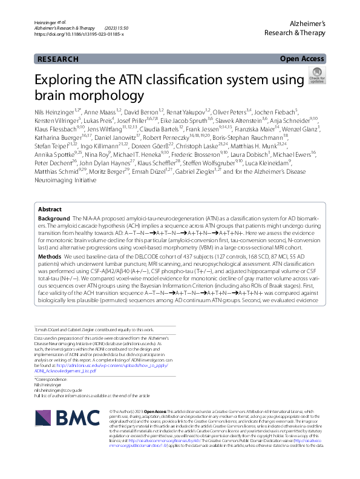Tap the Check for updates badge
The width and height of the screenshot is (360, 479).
click(316, 76)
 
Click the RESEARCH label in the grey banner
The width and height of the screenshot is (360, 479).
click(57, 59)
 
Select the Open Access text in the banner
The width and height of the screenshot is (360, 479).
click(303, 59)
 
